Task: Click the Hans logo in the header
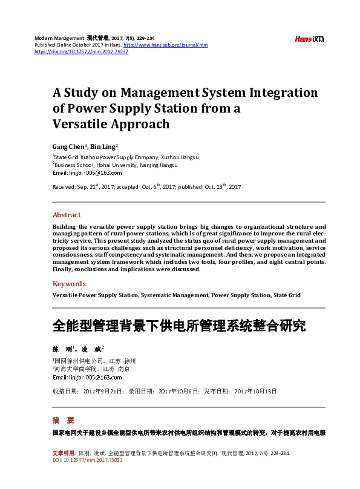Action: [309, 39]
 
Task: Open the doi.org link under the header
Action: [81, 51]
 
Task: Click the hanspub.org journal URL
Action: [169, 45]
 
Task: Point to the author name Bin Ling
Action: [103, 146]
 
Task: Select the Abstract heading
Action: [67, 215]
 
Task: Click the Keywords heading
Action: [69, 284]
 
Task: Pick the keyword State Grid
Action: [286, 295]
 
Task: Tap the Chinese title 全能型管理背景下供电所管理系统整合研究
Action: [179, 326]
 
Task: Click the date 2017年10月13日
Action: [255, 391]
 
